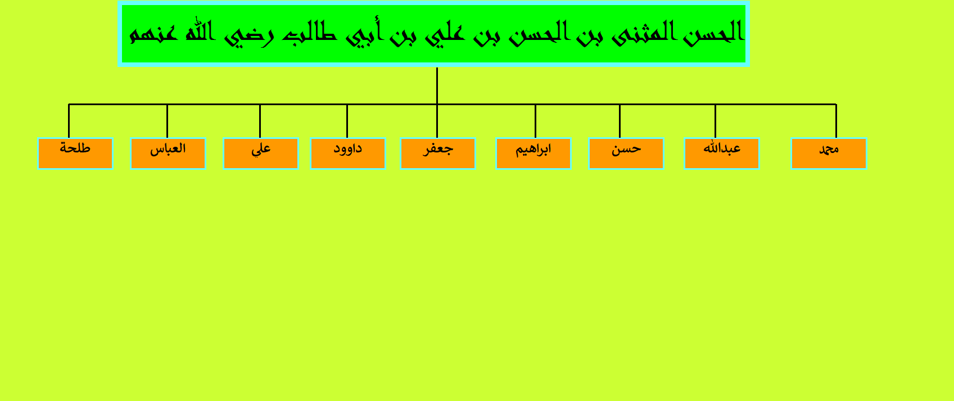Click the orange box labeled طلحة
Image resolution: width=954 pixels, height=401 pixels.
(x=75, y=154)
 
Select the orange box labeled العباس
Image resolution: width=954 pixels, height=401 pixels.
(x=168, y=154)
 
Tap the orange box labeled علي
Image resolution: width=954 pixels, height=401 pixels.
(x=261, y=154)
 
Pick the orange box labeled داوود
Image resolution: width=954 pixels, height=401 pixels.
(x=348, y=154)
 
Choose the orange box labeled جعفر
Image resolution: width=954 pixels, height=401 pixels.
(x=438, y=154)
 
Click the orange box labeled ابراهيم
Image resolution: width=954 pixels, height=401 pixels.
(x=533, y=154)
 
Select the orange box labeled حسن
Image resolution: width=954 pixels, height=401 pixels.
(x=626, y=154)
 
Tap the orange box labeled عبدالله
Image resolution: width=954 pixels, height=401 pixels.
(x=722, y=154)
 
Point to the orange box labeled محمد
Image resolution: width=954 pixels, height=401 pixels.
(x=829, y=154)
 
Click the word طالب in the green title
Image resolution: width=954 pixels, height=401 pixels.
(x=299, y=33)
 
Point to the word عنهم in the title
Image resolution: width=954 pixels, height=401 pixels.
(x=153, y=33)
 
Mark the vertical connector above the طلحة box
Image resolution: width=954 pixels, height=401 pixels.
(x=69, y=121)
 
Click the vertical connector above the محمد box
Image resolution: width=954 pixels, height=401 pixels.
(x=836, y=121)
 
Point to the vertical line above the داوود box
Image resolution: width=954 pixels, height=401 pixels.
(x=347, y=121)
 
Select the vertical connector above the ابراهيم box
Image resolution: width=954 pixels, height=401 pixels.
(x=535, y=121)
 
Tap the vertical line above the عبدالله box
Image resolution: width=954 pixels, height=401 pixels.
(x=716, y=121)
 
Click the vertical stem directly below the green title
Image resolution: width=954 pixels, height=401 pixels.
(x=437, y=85)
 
